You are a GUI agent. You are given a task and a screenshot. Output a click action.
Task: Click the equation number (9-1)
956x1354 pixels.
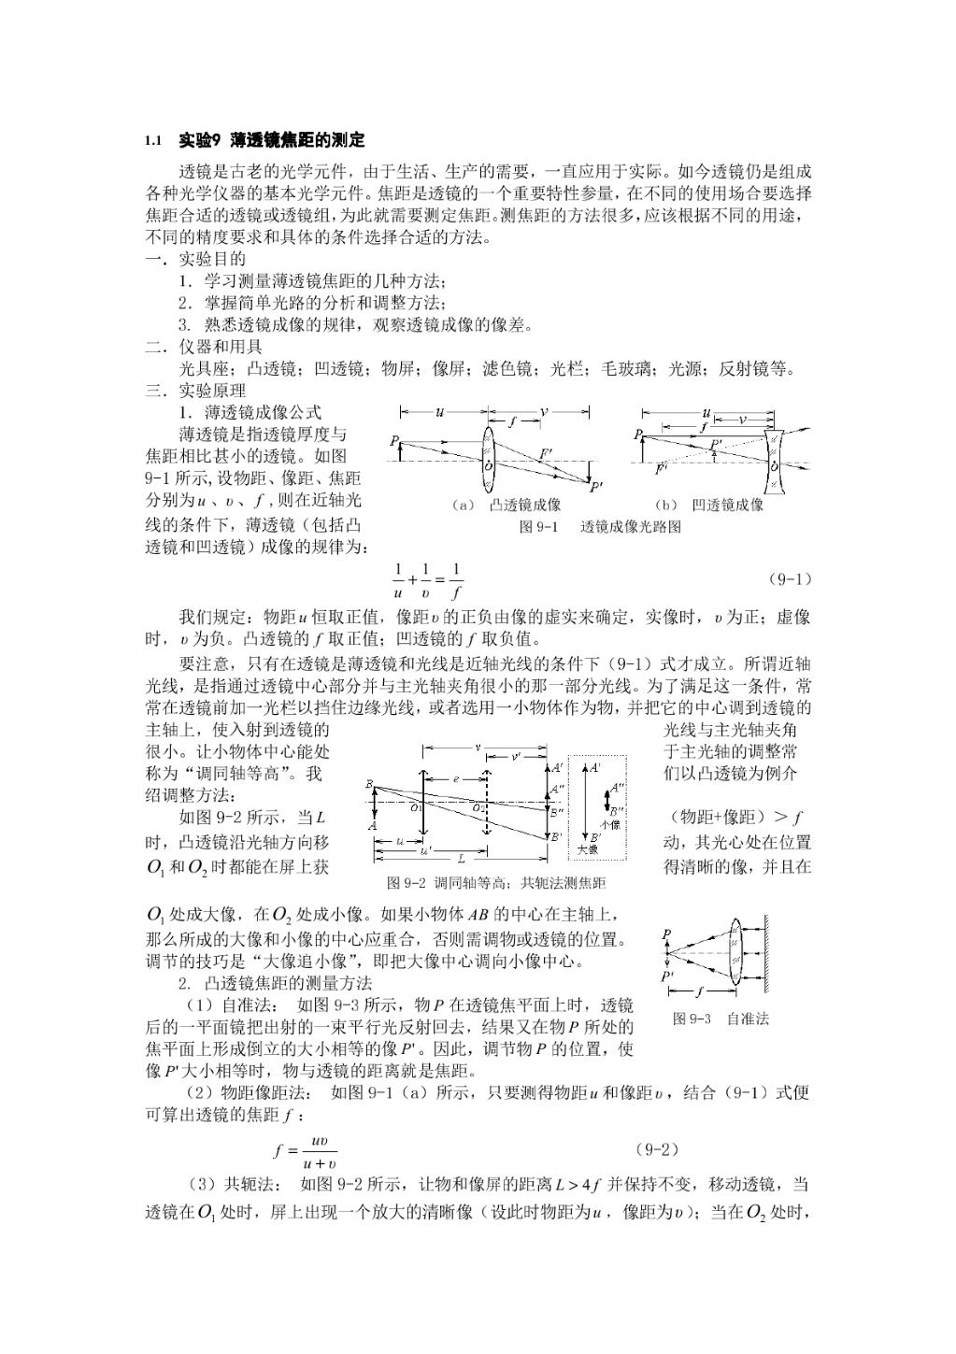pos(790,578)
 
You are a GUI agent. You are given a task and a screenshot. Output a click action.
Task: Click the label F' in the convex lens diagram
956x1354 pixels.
pos(546,453)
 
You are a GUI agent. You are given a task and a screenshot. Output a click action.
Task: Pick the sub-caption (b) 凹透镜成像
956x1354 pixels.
pos(710,505)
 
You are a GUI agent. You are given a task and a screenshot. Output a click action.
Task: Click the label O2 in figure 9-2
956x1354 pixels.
pos(478,807)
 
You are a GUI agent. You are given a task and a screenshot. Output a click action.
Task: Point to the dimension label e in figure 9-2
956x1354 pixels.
pos(455,777)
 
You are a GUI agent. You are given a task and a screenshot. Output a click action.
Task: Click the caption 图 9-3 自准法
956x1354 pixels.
pos(721,1019)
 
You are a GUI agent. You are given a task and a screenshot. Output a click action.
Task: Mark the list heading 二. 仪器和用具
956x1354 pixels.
pos(204,347)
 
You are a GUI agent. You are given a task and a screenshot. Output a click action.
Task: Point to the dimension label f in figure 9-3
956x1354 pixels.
pos(700,991)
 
